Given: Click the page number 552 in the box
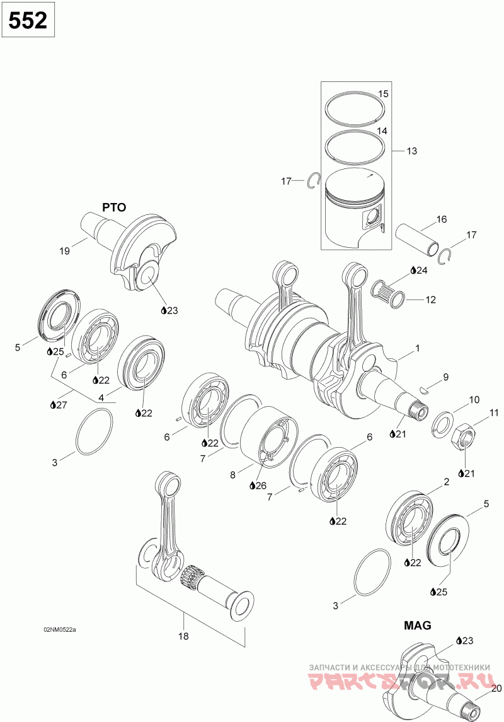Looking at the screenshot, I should (28, 20).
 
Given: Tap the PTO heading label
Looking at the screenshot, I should (114, 207).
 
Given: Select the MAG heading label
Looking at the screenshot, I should (418, 626).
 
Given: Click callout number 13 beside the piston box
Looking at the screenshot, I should (411, 151).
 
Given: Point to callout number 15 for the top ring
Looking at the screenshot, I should (383, 94).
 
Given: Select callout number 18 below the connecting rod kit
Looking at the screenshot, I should (183, 636).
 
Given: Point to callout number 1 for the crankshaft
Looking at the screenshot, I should (416, 347).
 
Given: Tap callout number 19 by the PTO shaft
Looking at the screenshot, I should (64, 251).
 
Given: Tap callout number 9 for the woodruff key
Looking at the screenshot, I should (445, 377).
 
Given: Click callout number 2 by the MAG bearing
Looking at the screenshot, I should (446, 482).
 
